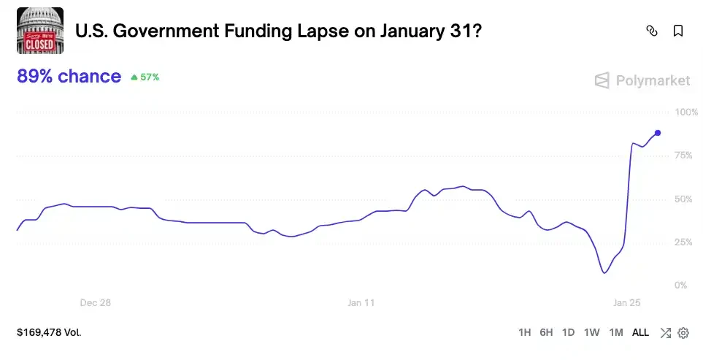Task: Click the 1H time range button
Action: coord(524,332)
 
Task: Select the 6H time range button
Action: coord(546,332)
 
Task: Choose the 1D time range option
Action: coord(568,332)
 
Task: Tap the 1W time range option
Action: coord(591,332)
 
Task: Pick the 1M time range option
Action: coord(615,332)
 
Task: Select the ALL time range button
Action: coord(640,332)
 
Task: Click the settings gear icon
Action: coord(683,333)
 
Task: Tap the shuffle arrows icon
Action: coord(665,333)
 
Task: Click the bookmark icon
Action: coord(678,31)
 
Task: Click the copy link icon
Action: coord(652,31)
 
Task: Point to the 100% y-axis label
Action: coord(686,112)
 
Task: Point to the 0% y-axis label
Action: coord(681,285)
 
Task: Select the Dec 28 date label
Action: coord(96,302)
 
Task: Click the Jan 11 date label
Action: coord(361,302)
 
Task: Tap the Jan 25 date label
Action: coord(626,302)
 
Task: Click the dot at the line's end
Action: coord(658,132)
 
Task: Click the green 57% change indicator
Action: coord(145,77)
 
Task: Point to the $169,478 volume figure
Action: coord(49,332)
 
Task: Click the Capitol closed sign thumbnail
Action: coord(40,31)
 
